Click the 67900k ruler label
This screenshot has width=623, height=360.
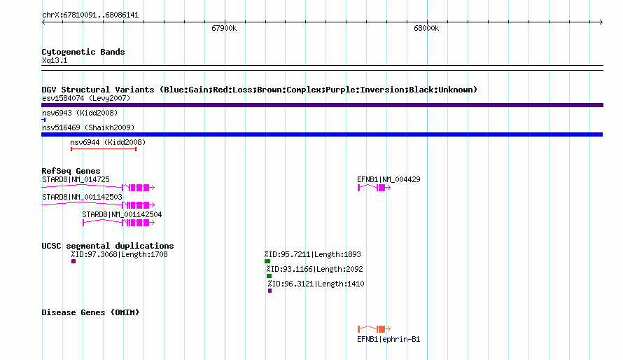(x=224, y=28)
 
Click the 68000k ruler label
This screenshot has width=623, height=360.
(x=426, y=28)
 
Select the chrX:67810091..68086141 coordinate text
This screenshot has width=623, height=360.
(x=90, y=15)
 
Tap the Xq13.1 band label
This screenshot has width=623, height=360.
(x=55, y=60)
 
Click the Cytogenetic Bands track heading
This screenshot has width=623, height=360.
(x=83, y=52)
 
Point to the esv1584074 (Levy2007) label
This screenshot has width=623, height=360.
(x=86, y=98)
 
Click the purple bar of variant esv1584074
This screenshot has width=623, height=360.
(x=322, y=105)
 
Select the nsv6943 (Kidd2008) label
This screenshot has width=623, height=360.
(x=80, y=113)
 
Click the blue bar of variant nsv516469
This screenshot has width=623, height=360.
(x=322, y=134)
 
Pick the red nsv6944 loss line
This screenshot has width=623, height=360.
(x=104, y=149)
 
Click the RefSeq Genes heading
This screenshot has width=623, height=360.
(x=71, y=171)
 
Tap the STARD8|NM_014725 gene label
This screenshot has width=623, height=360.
(x=76, y=179)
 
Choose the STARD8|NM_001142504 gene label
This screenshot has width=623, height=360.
(x=122, y=214)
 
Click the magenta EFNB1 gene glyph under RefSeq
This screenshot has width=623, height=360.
(x=374, y=188)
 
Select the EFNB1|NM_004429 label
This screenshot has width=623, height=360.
(x=388, y=179)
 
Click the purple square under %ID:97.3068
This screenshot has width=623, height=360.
(x=73, y=261)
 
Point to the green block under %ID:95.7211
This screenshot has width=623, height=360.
(x=267, y=261)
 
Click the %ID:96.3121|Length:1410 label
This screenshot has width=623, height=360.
(x=316, y=284)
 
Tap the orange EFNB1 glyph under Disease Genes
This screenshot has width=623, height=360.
(x=374, y=329)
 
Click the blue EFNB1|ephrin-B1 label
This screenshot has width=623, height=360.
(x=388, y=339)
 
